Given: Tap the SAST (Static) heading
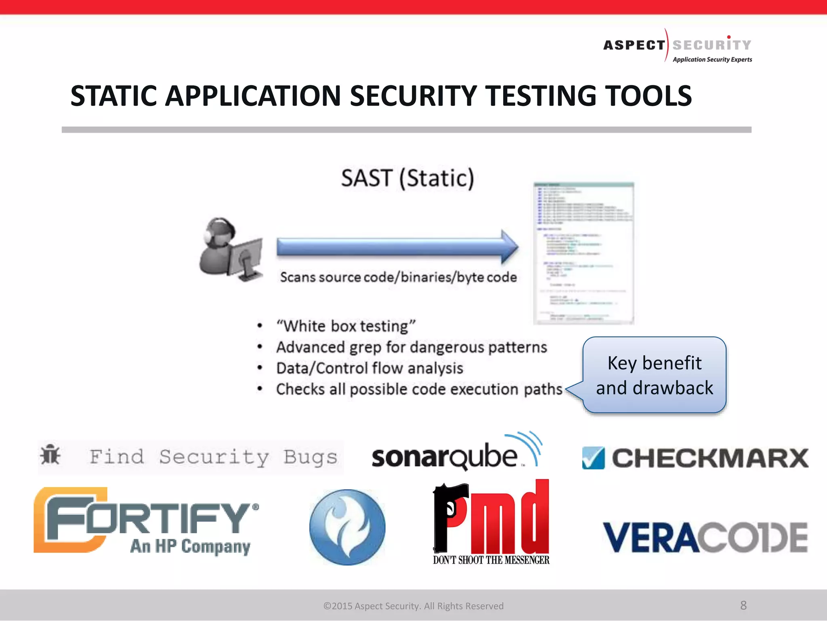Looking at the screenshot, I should pyautogui.click(x=407, y=178).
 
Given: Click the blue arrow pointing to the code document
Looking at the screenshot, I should pyautogui.click(x=397, y=247).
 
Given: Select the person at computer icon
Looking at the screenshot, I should pyautogui.click(x=231, y=249).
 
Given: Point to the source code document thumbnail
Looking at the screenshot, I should pyautogui.click(x=584, y=253).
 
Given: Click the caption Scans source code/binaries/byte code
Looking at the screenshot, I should pyautogui.click(x=398, y=277).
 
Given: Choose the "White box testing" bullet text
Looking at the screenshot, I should pyautogui.click(x=346, y=326).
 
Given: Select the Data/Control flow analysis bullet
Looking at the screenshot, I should pyautogui.click(x=369, y=368).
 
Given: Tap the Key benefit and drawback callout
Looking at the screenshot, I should pyautogui.click(x=654, y=375).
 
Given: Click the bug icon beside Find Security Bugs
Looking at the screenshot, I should pyautogui.click(x=50, y=456).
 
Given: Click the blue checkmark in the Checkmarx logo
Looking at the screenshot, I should pyautogui.click(x=593, y=458).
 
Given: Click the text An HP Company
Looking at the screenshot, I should pyautogui.click(x=190, y=546).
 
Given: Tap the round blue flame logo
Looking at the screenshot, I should pyautogui.click(x=347, y=527).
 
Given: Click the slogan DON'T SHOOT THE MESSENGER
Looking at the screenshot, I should pyautogui.click(x=491, y=560).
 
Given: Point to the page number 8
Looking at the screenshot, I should pyautogui.click(x=743, y=605).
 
